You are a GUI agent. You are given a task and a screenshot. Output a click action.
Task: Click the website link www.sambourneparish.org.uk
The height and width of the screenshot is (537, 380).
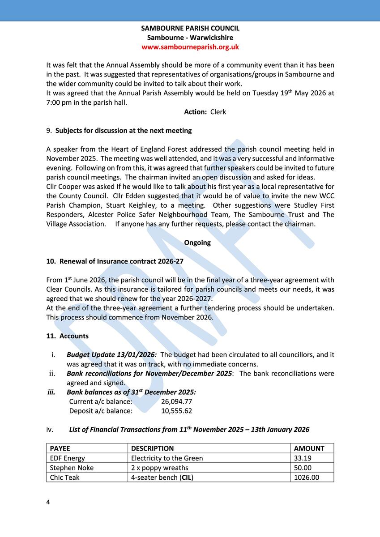(190, 47)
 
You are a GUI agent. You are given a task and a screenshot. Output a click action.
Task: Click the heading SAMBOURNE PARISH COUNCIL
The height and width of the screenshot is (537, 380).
(190, 28)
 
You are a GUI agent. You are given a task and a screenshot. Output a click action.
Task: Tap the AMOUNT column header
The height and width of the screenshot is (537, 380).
(309, 448)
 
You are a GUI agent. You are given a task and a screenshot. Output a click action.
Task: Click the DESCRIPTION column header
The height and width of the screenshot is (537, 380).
(152, 448)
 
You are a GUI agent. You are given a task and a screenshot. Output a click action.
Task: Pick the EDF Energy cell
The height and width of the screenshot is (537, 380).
(67, 458)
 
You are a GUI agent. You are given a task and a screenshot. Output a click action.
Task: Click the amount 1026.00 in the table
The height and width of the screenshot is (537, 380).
(306, 477)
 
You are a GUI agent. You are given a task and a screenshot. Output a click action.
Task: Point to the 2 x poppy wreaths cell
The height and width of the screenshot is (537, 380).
(159, 468)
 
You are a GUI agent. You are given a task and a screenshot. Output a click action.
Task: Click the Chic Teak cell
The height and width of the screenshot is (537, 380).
(64, 477)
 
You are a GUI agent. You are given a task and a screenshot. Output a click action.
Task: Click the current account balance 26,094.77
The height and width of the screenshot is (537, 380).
(176, 401)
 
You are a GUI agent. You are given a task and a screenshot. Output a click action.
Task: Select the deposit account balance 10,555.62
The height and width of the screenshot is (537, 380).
(176, 411)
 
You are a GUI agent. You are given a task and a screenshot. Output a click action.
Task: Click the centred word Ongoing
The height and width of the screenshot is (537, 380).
(197, 243)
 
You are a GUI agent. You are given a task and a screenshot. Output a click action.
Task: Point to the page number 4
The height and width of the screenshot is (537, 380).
(48, 502)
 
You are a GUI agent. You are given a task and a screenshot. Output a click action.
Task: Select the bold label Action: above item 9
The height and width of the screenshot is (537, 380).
(195, 112)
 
